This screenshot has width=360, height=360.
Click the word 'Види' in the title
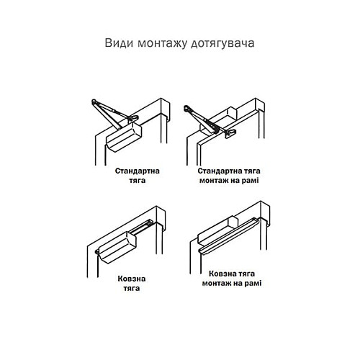pos(117,42)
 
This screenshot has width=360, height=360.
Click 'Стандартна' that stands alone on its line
pos(138,171)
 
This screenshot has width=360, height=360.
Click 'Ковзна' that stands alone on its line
pos(132,277)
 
